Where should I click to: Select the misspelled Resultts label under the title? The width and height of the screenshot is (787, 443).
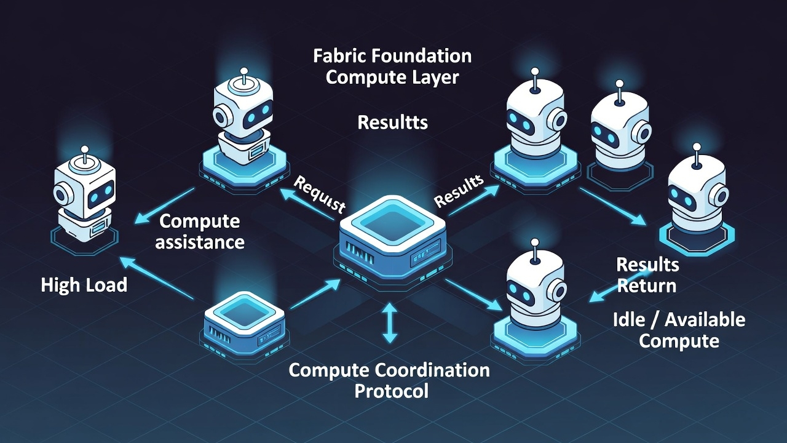click(392, 122)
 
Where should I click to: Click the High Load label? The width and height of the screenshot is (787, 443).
click(84, 285)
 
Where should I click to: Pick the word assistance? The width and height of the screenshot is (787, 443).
click(199, 242)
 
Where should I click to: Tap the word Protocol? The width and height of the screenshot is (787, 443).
click(392, 391)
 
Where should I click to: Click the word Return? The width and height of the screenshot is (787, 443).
click(647, 286)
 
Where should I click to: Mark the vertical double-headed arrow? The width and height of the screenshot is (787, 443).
click(390, 322)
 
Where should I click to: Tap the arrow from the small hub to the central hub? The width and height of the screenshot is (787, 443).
click(314, 294)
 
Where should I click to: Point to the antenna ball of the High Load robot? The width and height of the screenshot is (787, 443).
click(84, 150)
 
